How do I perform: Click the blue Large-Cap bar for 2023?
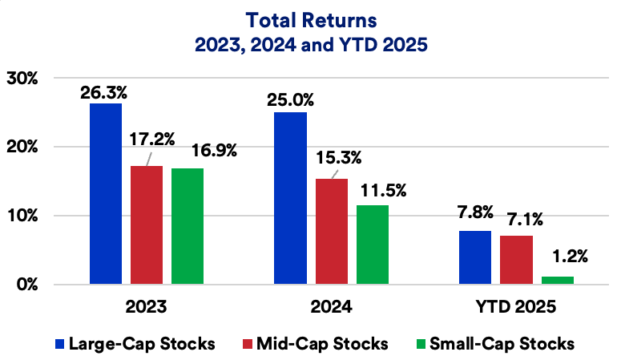tap(106, 194)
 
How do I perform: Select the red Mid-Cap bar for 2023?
tap(147, 225)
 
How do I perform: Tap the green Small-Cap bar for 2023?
tap(188, 226)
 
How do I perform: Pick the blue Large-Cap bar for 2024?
tap(290, 198)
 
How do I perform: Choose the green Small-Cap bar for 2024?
tap(373, 245)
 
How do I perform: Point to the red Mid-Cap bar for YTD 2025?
tap(515, 260)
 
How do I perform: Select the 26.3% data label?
tap(104, 92)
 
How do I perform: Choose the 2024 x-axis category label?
tap(331, 307)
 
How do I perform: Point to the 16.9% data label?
tap(212, 150)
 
